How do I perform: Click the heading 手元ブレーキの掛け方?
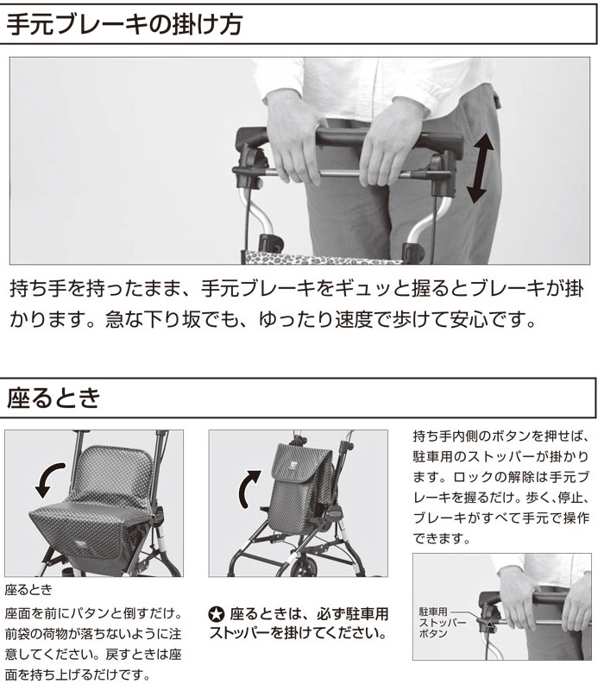click(124, 24)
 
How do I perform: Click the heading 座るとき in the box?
click(53, 398)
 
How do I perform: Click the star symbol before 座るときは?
click(217, 614)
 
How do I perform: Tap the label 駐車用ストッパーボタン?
click(436, 623)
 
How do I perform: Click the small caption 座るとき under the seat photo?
click(28, 590)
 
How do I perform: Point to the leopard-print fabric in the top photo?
click(321, 258)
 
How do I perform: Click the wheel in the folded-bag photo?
click(304, 568)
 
